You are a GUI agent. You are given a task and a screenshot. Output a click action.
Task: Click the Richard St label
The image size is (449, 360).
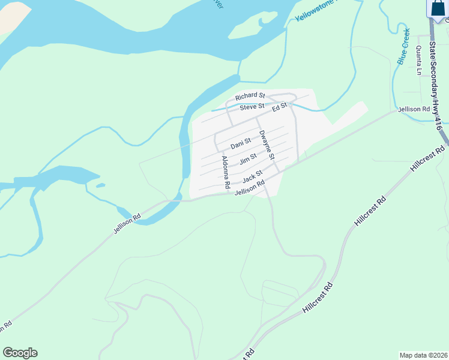(250, 96)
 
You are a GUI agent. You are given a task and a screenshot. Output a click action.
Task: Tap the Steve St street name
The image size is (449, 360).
(252, 107)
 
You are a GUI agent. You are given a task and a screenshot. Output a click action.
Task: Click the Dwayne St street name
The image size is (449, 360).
(266, 145)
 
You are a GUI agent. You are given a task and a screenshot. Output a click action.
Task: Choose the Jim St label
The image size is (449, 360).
(248, 160)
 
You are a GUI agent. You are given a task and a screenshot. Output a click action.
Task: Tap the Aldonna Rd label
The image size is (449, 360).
(226, 172)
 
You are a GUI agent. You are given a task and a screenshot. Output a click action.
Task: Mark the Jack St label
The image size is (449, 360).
(253, 178)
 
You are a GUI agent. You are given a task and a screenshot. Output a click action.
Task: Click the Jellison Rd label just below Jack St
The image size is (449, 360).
(250, 189)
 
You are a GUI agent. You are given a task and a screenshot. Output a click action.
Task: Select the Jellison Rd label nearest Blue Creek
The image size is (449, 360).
(414, 109)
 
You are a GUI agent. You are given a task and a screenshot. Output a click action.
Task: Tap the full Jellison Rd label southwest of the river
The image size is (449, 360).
(127, 223)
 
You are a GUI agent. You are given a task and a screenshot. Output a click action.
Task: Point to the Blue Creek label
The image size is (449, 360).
(403, 46)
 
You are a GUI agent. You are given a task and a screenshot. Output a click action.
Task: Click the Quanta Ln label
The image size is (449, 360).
(418, 60)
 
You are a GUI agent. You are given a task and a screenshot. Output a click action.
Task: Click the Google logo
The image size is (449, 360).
(20, 353)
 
